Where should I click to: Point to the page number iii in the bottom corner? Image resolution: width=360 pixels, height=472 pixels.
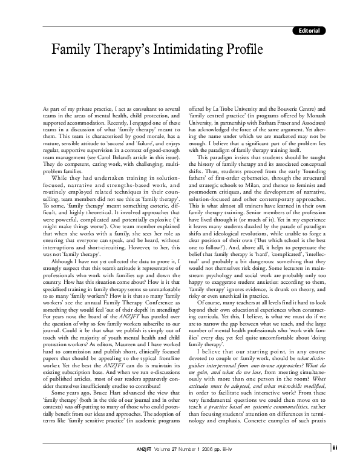[352, 465]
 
